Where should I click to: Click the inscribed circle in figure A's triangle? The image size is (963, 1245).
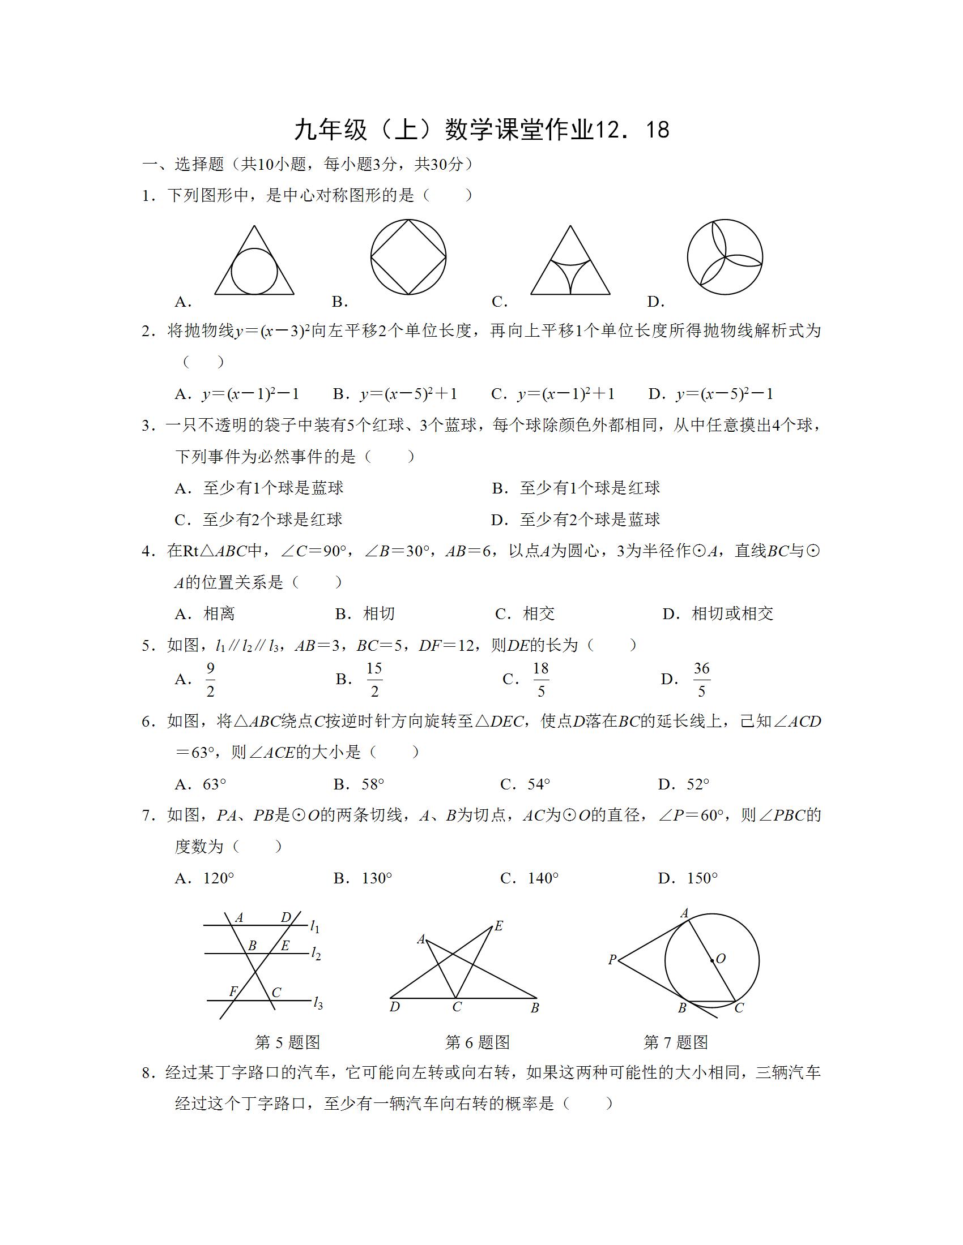point(254,271)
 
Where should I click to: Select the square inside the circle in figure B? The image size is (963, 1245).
point(408,257)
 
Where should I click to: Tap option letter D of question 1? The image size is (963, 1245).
point(655,302)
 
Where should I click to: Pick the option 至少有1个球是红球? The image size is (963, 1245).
point(589,488)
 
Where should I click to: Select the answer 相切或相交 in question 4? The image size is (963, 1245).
point(732,614)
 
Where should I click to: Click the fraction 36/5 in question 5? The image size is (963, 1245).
point(701,679)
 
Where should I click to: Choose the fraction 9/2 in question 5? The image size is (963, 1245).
point(211,679)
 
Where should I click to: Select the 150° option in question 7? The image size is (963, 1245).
point(702,878)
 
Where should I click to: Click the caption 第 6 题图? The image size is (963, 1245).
point(478,1059)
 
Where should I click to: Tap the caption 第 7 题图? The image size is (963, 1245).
point(676,1059)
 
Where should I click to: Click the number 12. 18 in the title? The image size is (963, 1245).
point(632,130)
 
